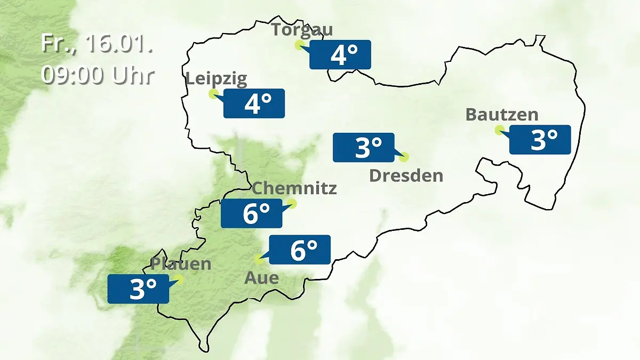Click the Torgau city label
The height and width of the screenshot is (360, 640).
[x=302, y=29]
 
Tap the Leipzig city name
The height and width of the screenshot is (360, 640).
[x=217, y=79]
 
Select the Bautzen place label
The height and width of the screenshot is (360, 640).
[x=502, y=115]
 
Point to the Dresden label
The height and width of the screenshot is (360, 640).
[x=406, y=175]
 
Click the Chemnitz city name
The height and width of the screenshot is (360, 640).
[x=294, y=188]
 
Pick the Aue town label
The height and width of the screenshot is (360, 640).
[x=261, y=277]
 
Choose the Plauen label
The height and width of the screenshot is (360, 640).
[x=181, y=263]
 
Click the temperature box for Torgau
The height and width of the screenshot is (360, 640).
[x=340, y=54]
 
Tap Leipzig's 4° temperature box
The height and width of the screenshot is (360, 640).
[x=254, y=103]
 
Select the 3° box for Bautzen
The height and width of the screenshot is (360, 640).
[x=540, y=140]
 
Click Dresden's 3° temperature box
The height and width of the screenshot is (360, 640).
[x=364, y=147]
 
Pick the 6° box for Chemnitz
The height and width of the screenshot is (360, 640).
[x=252, y=213]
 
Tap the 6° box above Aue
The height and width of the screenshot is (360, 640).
[x=300, y=250]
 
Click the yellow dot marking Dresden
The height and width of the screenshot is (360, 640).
[x=404, y=157]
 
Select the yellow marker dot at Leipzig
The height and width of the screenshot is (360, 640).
[x=213, y=94]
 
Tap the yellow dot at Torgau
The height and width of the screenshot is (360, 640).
[x=299, y=45]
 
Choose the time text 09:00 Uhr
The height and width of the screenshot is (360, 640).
[x=97, y=75]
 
